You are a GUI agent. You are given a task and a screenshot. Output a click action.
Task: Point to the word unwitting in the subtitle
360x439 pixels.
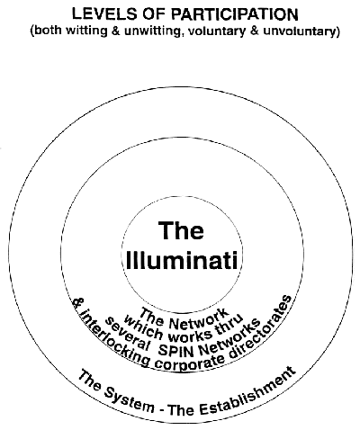coord(152,31)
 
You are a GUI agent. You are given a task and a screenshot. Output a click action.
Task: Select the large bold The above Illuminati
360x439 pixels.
coord(181,230)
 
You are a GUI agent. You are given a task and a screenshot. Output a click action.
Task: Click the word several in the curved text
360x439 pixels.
coord(127,334)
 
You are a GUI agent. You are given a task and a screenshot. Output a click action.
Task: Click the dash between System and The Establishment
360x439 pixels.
coord(162,409)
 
